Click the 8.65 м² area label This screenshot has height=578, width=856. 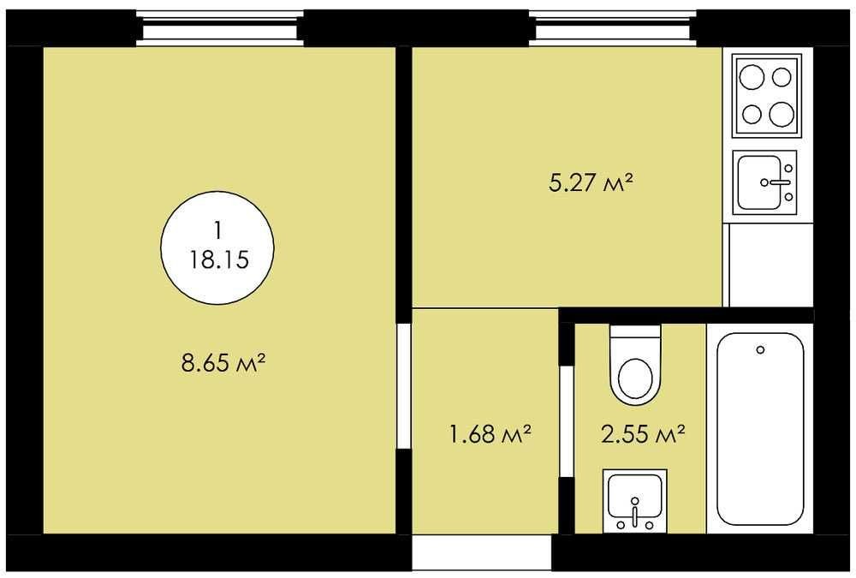click(x=223, y=363)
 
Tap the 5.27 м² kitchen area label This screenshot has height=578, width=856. click(x=591, y=182)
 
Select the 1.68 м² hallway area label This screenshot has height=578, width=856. click(x=490, y=434)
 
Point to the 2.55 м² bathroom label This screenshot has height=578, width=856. click(x=643, y=434)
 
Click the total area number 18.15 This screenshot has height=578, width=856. click(x=219, y=259)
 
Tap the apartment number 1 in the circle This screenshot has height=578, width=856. click(x=218, y=230)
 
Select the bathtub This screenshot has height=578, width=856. click(x=760, y=429)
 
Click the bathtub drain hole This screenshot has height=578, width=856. click(x=760, y=349)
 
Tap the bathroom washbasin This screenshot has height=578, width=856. click(x=635, y=500)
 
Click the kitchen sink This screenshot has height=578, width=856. click(x=764, y=182)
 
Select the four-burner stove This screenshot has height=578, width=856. click(x=768, y=96)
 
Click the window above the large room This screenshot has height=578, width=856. click(x=219, y=28)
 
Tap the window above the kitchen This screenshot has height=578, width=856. click(x=613, y=28)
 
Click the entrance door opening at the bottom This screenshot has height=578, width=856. click(x=481, y=553)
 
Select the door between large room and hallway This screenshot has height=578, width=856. click(x=403, y=387)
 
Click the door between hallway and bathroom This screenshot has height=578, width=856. click(x=568, y=420)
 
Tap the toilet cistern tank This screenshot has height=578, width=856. click(x=635, y=331)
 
